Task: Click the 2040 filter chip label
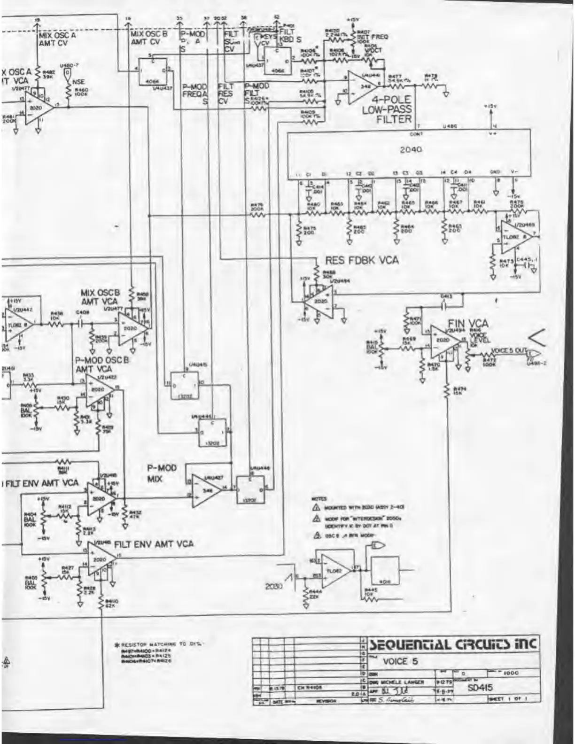point(411,149)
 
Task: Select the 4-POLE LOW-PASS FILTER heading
point(387,109)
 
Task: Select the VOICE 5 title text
point(400,661)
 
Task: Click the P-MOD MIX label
point(162,473)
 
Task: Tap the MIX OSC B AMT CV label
point(149,38)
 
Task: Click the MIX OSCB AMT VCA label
point(100,296)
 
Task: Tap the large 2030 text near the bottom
point(273,586)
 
